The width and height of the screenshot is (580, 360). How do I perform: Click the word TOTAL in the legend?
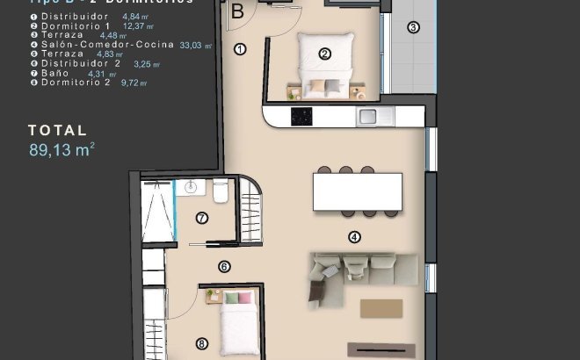[57, 130]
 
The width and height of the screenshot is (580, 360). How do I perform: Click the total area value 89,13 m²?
[62, 150]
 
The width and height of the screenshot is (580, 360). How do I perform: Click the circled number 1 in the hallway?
[239, 49]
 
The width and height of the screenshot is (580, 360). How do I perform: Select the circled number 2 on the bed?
[324, 54]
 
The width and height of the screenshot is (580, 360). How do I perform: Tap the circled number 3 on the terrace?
[413, 27]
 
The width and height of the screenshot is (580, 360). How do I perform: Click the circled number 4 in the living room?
[355, 236]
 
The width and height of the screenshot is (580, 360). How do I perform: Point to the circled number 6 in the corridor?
[224, 266]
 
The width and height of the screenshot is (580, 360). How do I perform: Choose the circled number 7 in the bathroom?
[202, 218]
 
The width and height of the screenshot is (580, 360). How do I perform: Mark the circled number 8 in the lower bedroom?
[202, 344]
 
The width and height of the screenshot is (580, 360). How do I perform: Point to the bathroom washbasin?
[192, 187]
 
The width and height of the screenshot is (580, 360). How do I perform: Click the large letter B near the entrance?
[237, 11]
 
